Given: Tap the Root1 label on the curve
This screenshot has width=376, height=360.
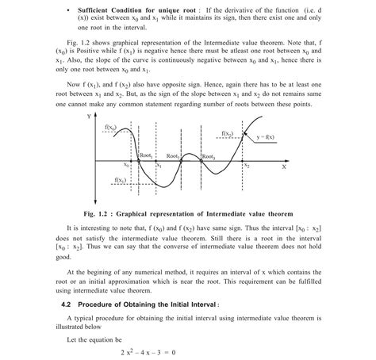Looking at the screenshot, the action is click(x=147, y=156).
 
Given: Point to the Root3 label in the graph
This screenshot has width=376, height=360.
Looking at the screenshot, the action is click(x=208, y=157).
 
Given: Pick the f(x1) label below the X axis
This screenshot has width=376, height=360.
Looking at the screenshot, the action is click(x=122, y=181).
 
